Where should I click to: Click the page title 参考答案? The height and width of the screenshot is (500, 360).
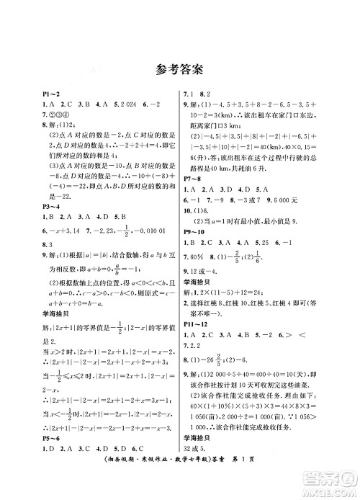click(179, 70)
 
